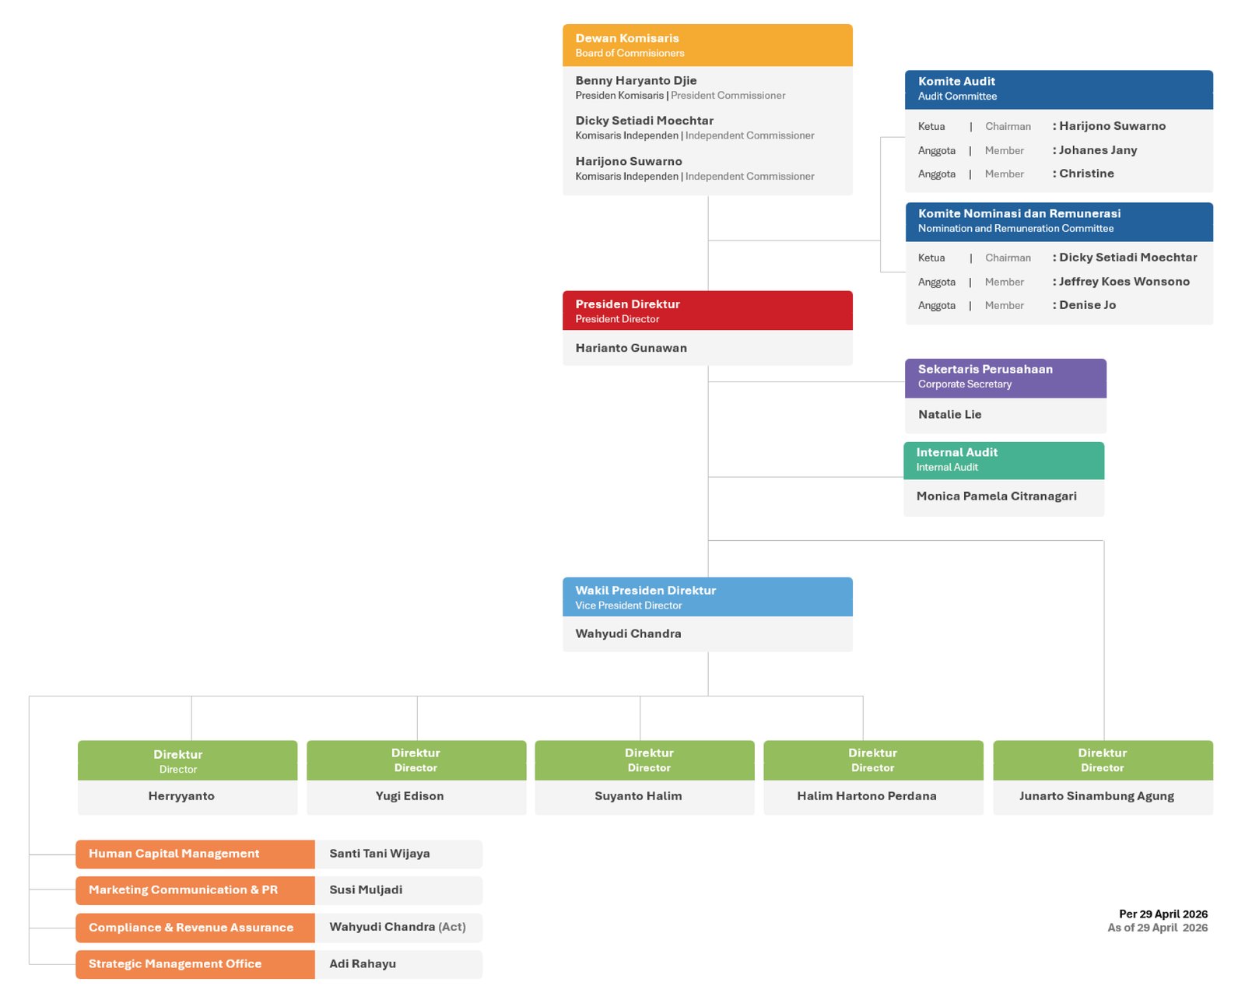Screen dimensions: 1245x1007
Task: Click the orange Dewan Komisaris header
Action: pyautogui.click(x=707, y=45)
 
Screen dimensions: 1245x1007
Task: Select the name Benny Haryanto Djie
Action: pyautogui.click(x=636, y=81)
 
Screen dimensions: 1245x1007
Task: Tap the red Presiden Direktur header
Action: pyautogui.click(x=707, y=311)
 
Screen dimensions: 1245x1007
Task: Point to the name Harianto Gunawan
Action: pyautogui.click(x=631, y=348)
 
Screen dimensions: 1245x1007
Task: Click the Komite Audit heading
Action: pyautogui.click(x=956, y=81)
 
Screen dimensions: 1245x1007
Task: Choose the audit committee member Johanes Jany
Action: pyautogui.click(x=1097, y=150)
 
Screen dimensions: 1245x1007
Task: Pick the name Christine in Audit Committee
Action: pyautogui.click(x=1086, y=174)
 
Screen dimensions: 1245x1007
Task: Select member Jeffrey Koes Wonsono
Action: pyautogui.click(x=1124, y=282)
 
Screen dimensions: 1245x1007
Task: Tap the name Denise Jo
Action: pyautogui.click(x=1087, y=305)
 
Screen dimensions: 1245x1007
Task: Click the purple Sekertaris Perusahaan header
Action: pyautogui.click(x=1005, y=378)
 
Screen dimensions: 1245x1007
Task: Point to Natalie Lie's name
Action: pyautogui.click(x=949, y=414)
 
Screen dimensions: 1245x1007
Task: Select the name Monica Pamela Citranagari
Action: pyautogui.click(x=996, y=496)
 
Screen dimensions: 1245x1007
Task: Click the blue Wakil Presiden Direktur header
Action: pyautogui.click(x=707, y=597)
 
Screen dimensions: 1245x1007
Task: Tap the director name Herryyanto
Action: pyautogui.click(x=181, y=796)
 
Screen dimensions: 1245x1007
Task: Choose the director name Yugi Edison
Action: pyautogui.click(x=409, y=796)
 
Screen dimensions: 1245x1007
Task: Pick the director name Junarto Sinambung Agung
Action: pyautogui.click(x=1096, y=796)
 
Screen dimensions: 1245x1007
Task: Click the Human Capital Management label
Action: pyautogui.click(x=174, y=853)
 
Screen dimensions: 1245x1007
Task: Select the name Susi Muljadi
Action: pyautogui.click(x=365, y=889)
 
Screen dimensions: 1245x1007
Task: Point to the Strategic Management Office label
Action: pyautogui.click(x=175, y=963)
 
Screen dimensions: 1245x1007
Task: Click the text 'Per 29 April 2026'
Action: pyautogui.click(x=1163, y=914)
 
